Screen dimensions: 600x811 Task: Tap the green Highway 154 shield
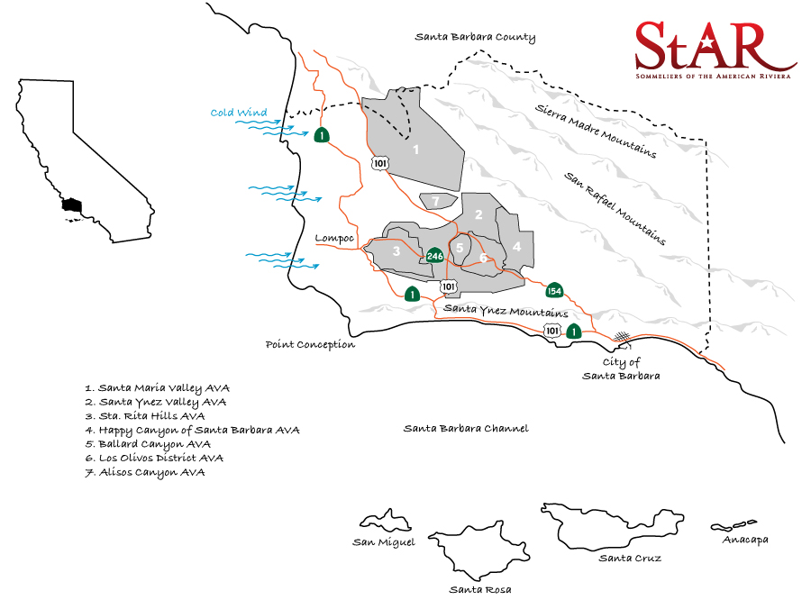(554, 290)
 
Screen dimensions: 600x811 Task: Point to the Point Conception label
(310, 344)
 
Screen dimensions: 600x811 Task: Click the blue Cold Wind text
(239, 113)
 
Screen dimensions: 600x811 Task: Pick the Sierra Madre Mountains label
(595, 130)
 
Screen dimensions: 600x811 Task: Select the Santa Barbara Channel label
(466, 428)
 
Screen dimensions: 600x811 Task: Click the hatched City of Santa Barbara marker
(622, 337)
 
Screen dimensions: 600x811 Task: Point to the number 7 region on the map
(435, 200)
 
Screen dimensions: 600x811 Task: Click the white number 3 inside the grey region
(396, 250)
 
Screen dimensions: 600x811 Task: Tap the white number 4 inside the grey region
(516, 245)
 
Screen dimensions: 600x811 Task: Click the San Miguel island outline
(386, 522)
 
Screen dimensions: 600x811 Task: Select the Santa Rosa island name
(480, 589)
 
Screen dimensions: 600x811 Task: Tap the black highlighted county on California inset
(71, 205)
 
